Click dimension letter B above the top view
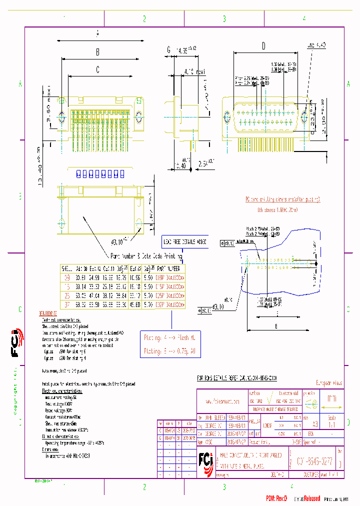click(x=98, y=51)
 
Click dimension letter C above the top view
click(x=98, y=69)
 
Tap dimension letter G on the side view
click(x=169, y=49)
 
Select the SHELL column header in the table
click(x=66, y=267)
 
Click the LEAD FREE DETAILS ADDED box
click(x=185, y=241)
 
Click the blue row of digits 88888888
click(x=100, y=174)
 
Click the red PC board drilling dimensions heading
click(x=282, y=199)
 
